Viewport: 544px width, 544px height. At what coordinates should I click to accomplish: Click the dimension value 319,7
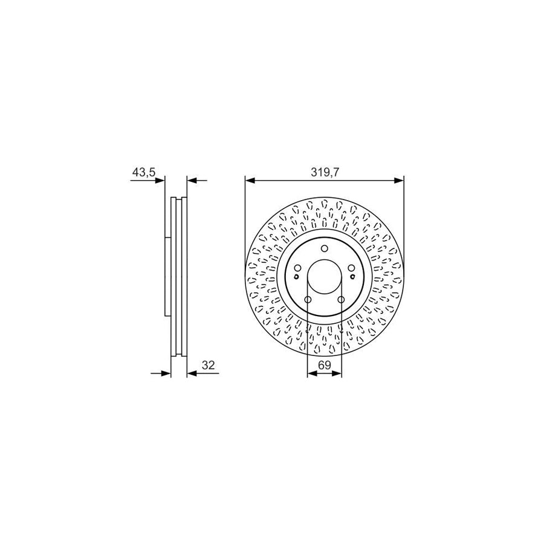tap(325, 172)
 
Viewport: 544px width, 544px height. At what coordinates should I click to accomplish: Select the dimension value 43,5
tap(144, 172)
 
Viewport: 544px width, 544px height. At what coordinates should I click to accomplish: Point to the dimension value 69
tap(325, 366)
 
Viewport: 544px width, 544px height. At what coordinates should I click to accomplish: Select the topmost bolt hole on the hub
tap(324, 248)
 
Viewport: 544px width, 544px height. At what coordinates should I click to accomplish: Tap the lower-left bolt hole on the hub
tap(307, 300)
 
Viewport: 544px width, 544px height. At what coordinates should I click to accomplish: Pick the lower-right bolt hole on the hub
tap(341, 300)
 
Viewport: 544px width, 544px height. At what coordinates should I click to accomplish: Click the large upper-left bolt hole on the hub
tap(296, 269)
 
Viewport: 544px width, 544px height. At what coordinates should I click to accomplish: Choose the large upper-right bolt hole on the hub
tap(352, 269)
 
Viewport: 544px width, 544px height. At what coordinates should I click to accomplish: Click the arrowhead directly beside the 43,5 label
tap(160, 180)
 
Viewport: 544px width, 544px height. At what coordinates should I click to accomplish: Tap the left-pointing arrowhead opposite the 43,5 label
tap(192, 180)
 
